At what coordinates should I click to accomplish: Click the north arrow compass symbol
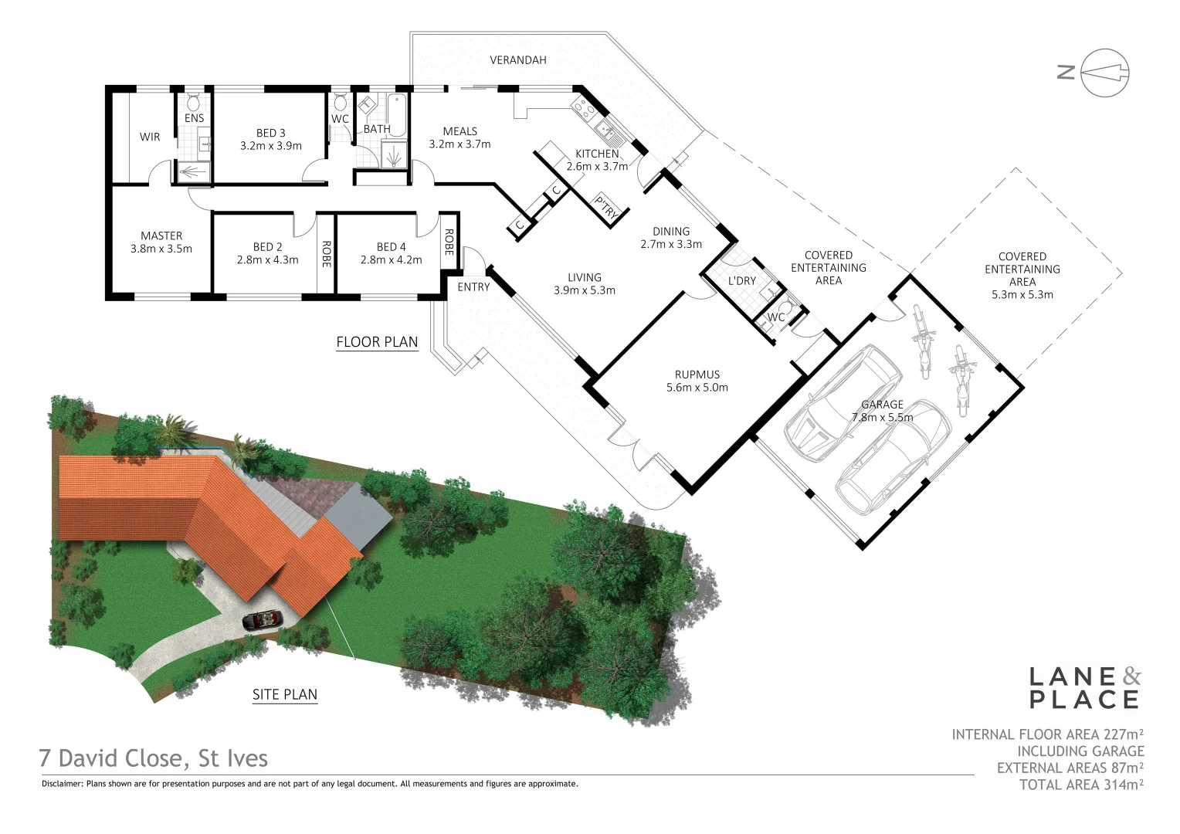tap(1104, 73)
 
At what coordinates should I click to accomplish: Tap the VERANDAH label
tap(517, 60)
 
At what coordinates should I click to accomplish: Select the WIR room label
tap(150, 137)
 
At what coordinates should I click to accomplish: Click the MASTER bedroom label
tap(161, 236)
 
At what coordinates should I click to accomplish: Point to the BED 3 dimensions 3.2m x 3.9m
tap(270, 146)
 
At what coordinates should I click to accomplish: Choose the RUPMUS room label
tap(697, 375)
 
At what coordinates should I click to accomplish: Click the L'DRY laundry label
tap(741, 281)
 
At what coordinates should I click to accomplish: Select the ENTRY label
tap(473, 287)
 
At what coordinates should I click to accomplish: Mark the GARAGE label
tap(882, 405)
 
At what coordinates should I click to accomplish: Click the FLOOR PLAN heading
tap(377, 342)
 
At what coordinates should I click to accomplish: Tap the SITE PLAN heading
tap(285, 694)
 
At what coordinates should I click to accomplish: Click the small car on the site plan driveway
tap(263, 619)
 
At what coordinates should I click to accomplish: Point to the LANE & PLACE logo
tap(1084, 688)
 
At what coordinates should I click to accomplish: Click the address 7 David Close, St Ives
tap(154, 758)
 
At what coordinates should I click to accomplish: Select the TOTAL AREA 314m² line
tap(1081, 785)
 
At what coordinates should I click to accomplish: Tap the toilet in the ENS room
tap(194, 102)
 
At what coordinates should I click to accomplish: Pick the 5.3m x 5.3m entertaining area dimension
tap(1022, 294)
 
